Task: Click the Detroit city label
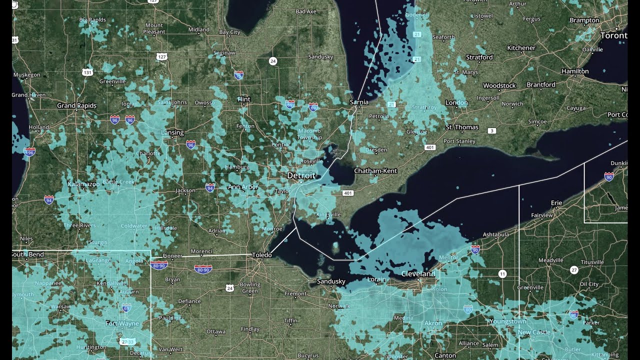(x=301, y=175)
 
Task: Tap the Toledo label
(x=261, y=255)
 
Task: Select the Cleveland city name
(x=418, y=274)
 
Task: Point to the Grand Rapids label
(x=76, y=105)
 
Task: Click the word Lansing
(x=172, y=132)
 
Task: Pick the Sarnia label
(x=358, y=102)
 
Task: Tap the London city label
(x=456, y=102)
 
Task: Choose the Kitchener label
(x=521, y=48)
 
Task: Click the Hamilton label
(x=575, y=71)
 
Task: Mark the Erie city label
(x=556, y=202)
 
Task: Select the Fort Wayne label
(x=122, y=323)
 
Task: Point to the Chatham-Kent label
(x=375, y=171)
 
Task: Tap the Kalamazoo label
(x=83, y=184)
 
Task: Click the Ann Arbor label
(x=243, y=187)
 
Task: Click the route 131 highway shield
(x=87, y=72)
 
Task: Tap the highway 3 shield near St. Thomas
(x=493, y=131)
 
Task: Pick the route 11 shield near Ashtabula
(x=502, y=273)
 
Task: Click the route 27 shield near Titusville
(x=574, y=270)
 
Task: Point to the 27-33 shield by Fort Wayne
(x=128, y=341)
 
